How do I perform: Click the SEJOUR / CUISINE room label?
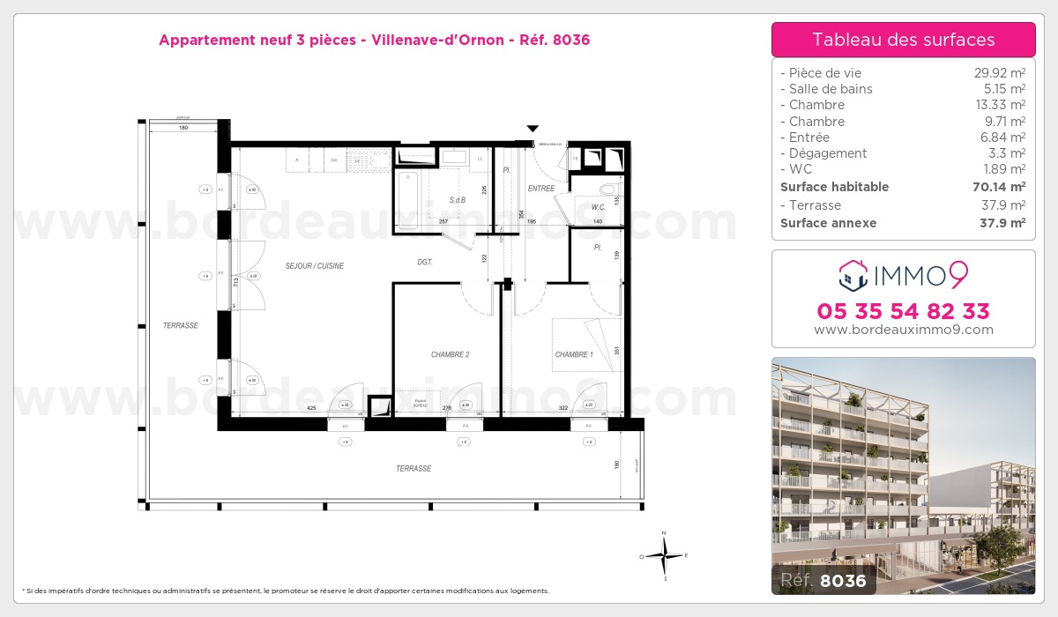pos(314,265)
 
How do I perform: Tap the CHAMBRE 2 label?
pos(450,354)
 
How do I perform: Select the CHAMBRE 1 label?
pos(573,354)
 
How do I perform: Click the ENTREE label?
pos(541,188)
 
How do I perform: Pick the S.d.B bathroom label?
pos(457,200)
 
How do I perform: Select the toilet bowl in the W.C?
pos(607,189)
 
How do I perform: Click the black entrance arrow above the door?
pos(533,129)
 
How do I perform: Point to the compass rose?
pos(665,555)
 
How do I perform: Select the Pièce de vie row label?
pos(825,73)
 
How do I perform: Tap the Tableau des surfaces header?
pos(903,40)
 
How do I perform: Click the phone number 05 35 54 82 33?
pos(903,311)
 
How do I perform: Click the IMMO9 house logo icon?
pos(853,275)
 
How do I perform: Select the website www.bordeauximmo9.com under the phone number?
pos(903,330)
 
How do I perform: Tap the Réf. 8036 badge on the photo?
pos(823,580)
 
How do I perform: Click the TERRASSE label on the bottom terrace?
pos(413,469)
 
